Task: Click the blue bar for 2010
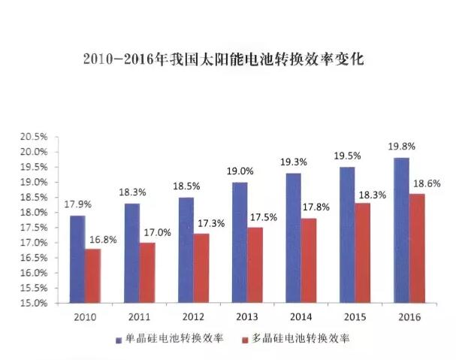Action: [x=77, y=259]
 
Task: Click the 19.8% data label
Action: [x=402, y=146]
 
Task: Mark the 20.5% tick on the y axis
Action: [x=35, y=137]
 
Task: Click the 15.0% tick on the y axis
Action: [x=35, y=304]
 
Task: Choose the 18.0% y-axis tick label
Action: [x=35, y=213]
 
